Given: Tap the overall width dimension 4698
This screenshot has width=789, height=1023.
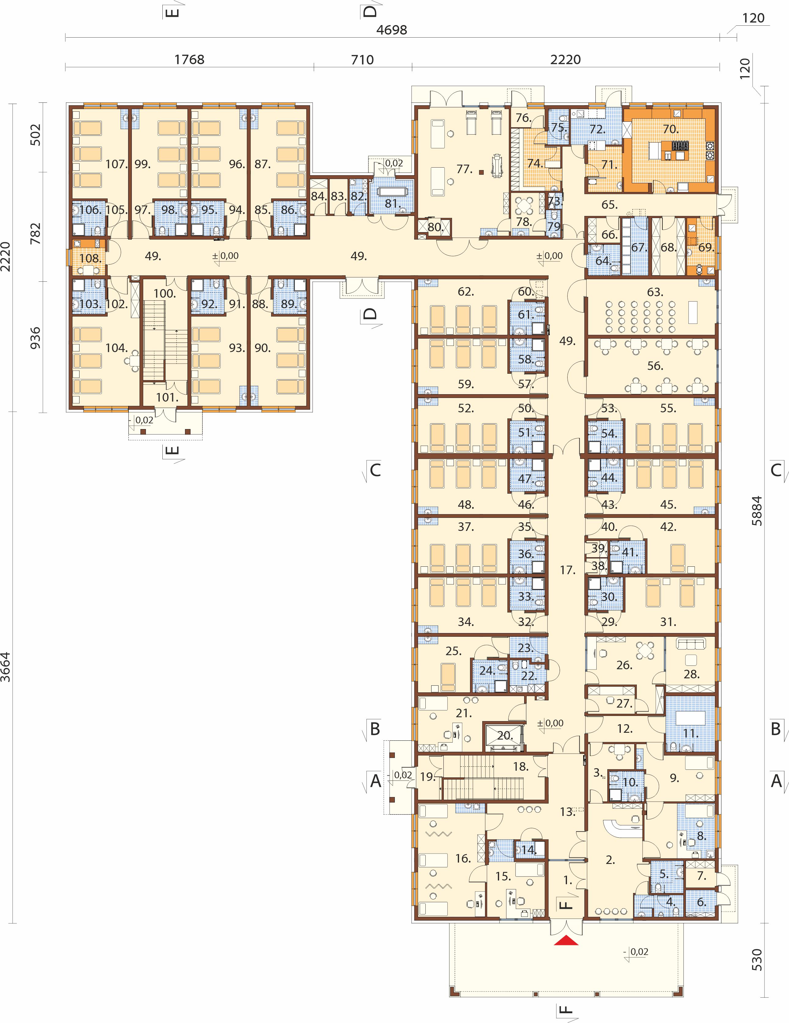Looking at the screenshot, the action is pyautogui.click(x=392, y=30).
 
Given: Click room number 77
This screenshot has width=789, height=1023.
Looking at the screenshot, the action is pyautogui.click(x=465, y=169).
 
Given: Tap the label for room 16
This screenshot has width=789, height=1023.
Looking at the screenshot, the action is pyautogui.click(x=463, y=858).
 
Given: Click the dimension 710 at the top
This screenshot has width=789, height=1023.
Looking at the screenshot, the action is pyautogui.click(x=362, y=60).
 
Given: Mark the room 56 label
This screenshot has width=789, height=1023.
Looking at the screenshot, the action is pyautogui.click(x=655, y=365).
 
